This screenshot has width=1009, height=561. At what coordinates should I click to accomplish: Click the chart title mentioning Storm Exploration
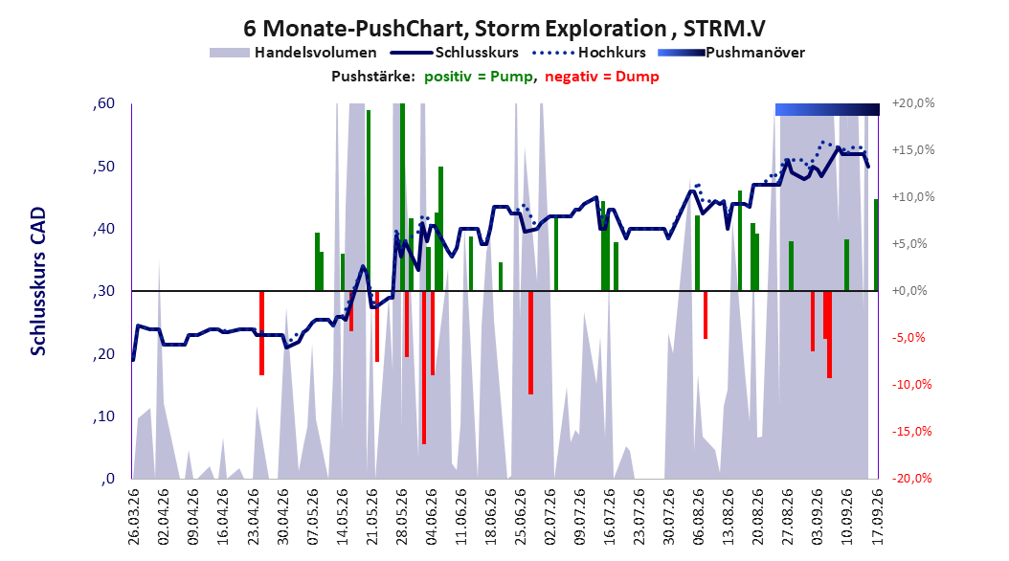coord(504,29)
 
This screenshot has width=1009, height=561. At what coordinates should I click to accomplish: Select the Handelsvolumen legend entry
coord(294,53)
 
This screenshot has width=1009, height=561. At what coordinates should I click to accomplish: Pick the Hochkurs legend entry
coord(589,53)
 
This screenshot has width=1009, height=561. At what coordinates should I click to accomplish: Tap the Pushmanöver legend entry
coord(731,53)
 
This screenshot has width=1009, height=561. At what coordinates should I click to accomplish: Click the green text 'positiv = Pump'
coord(479,77)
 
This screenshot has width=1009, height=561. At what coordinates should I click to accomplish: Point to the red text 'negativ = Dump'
coord(602,77)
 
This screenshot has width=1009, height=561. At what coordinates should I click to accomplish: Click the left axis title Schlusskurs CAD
coord(38,281)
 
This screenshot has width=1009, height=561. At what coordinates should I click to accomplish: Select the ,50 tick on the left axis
coord(103,167)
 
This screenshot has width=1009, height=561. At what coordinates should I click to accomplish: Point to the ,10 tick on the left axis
coord(103,416)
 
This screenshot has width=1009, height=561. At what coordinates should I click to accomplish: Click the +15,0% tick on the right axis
coord(913,150)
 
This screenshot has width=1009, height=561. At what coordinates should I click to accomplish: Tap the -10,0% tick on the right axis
coord(911,385)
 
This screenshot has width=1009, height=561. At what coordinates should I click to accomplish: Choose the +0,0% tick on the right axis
coord(909,291)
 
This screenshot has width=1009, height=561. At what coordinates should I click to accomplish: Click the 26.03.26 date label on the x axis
coord(134,517)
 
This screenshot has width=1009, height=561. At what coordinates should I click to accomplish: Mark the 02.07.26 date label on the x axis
coord(550,517)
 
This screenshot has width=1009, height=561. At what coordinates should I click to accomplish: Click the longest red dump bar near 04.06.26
coord(424,368)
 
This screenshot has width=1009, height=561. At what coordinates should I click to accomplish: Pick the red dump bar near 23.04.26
coord(262,332)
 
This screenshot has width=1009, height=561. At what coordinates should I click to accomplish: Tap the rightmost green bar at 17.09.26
coord(876,245)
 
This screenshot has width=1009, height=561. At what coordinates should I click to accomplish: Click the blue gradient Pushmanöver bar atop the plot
coord(827,109)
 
